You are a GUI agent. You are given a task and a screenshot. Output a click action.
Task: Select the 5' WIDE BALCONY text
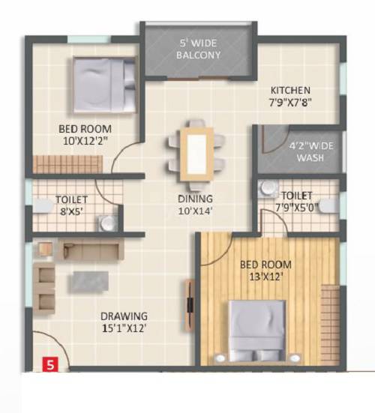click(199, 49)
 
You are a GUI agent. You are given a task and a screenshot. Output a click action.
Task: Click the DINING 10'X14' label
click(195, 205)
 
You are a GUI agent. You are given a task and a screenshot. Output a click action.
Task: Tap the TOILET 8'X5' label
click(72, 205)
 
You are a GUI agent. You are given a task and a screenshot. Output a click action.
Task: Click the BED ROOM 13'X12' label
click(265, 271)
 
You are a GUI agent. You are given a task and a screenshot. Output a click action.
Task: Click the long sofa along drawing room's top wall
click(88, 250)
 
